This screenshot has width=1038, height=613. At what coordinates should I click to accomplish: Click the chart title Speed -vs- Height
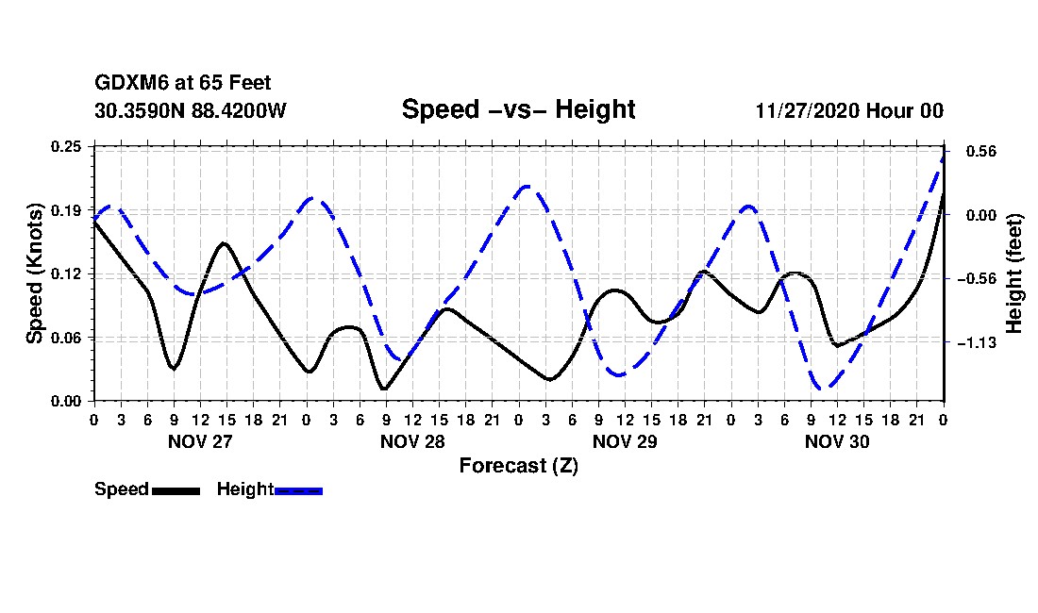[x=518, y=109]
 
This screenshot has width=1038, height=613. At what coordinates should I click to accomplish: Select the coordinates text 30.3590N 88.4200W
[x=191, y=110]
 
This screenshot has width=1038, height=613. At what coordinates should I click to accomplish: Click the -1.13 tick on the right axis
[x=973, y=343]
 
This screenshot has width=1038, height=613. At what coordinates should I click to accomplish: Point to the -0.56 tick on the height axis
[x=973, y=279]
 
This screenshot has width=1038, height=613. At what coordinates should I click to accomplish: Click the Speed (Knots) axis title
[x=35, y=273]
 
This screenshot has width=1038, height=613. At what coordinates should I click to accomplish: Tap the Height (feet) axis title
[x=1015, y=273]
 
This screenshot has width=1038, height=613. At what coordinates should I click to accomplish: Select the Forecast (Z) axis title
[x=518, y=466]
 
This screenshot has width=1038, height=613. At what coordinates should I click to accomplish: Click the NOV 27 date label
[x=199, y=441]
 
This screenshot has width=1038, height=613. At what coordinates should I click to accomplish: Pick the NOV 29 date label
[x=625, y=441]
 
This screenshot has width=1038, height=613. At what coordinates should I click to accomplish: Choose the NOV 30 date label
[x=837, y=441]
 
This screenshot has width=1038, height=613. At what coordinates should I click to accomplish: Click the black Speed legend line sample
[x=176, y=490]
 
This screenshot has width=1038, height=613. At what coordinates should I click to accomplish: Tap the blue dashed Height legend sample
[x=298, y=490]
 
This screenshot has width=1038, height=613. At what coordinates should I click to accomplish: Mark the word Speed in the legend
[x=122, y=489]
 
